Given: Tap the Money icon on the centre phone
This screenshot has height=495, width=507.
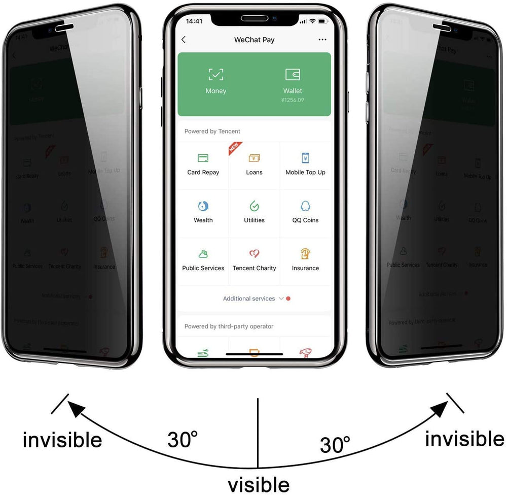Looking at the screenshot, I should click(x=216, y=75).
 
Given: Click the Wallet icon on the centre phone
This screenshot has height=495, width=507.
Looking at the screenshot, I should click(x=293, y=75).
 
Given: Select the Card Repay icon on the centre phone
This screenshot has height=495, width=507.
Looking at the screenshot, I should click(x=203, y=158).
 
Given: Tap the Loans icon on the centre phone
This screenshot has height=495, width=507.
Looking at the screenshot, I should click(x=254, y=158).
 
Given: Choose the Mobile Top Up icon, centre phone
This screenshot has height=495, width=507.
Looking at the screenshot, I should click(x=305, y=158).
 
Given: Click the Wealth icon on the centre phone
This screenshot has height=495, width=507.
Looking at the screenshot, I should click(x=203, y=206).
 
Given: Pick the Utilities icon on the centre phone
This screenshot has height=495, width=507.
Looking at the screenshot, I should click(x=254, y=206).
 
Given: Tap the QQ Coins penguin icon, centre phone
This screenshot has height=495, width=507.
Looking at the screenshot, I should click(x=305, y=206).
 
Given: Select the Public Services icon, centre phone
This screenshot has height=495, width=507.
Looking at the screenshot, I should click(x=203, y=254).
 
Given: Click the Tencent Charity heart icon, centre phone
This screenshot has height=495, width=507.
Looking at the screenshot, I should click(x=254, y=254).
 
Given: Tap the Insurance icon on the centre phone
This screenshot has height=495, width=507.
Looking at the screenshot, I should click(x=305, y=254).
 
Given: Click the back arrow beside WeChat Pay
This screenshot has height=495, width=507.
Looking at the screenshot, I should click(x=184, y=40).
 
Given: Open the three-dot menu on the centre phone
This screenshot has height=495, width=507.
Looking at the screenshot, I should click(x=322, y=40).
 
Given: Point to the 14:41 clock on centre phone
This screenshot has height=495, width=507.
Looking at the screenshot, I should click(x=194, y=21).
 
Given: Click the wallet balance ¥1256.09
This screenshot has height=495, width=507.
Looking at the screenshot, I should click(x=293, y=100).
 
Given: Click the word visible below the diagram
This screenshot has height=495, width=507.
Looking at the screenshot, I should click(x=259, y=484).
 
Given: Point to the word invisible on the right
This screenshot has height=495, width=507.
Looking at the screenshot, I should click(x=464, y=438).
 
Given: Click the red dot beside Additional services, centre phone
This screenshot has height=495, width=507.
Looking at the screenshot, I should click(x=288, y=299).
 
